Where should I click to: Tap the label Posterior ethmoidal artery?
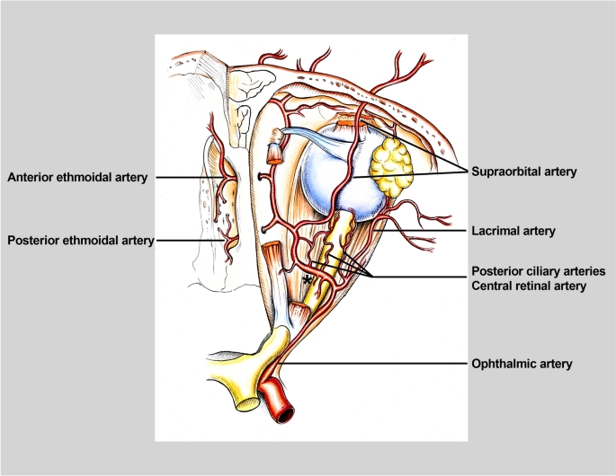79,240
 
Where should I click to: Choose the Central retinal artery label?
530,287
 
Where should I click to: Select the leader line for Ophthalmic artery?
378,364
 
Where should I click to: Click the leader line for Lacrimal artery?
423,231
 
